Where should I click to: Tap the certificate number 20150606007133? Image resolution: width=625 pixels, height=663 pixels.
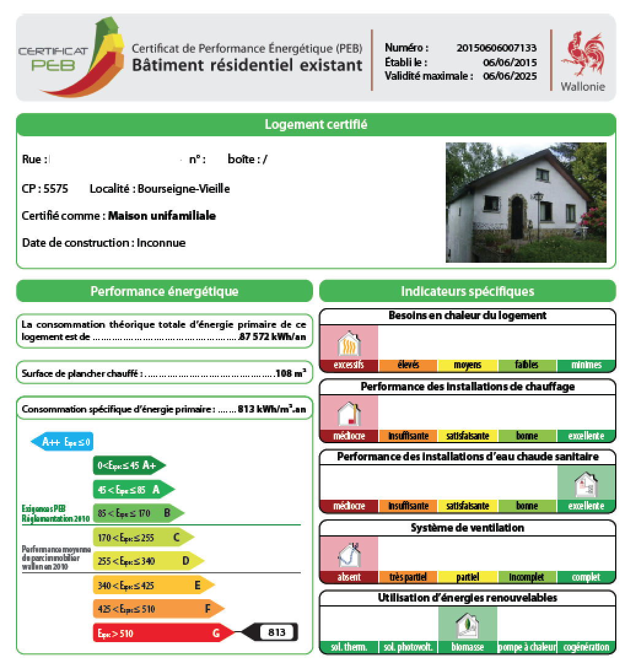497,48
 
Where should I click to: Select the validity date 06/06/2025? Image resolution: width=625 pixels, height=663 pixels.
510,76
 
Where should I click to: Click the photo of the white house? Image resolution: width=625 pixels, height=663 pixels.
526,203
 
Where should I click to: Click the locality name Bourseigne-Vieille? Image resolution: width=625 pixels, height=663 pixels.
184,189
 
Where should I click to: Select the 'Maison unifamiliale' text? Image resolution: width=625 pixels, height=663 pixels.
162,216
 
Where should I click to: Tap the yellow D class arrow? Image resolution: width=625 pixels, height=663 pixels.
147,561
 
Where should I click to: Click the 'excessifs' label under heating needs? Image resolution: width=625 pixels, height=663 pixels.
349,365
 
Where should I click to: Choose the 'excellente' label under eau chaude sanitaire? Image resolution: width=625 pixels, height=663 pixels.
586,506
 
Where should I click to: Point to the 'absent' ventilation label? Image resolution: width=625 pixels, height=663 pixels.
349,577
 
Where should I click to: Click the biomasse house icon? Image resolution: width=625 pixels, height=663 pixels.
467,626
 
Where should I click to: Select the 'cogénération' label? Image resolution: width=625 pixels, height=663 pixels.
586,647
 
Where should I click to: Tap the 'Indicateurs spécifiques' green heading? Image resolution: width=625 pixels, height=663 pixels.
467,291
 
